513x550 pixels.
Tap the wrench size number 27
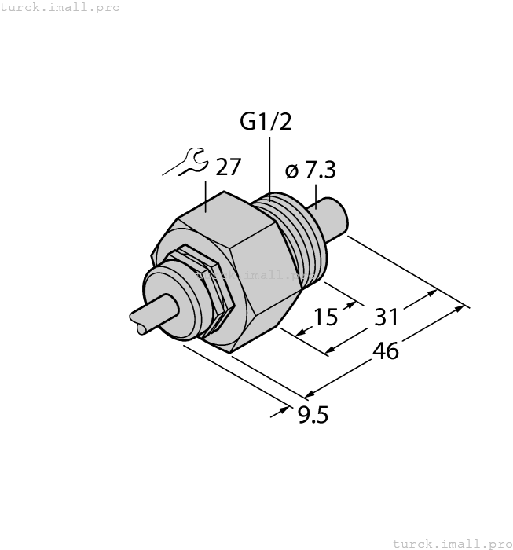(x=228, y=167)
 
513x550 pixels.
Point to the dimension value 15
(x=325, y=317)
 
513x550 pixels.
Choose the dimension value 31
(x=385, y=317)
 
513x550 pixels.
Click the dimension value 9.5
(x=312, y=413)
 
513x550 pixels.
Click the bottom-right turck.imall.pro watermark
(x=452, y=543)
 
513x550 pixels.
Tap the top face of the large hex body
(x=219, y=212)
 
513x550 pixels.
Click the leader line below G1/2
(x=269, y=165)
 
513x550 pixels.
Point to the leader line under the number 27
(x=206, y=195)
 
